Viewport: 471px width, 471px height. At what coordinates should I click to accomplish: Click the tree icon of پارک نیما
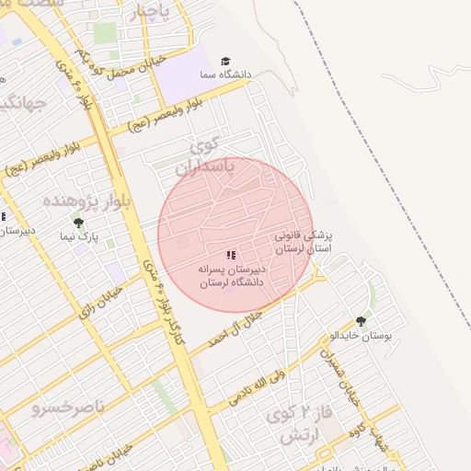[x=78, y=223]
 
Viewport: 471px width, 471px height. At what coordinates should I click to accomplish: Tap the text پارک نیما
[x=77, y=237]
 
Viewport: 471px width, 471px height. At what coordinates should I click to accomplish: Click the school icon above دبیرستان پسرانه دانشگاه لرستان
[x=231, y=254]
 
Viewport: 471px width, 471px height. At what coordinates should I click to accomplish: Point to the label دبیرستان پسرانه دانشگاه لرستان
[x=231, y=275]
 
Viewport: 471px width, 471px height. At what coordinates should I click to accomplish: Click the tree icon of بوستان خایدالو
[x=360, y=322]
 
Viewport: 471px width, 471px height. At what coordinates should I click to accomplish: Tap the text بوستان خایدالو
[x=361, y=336]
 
